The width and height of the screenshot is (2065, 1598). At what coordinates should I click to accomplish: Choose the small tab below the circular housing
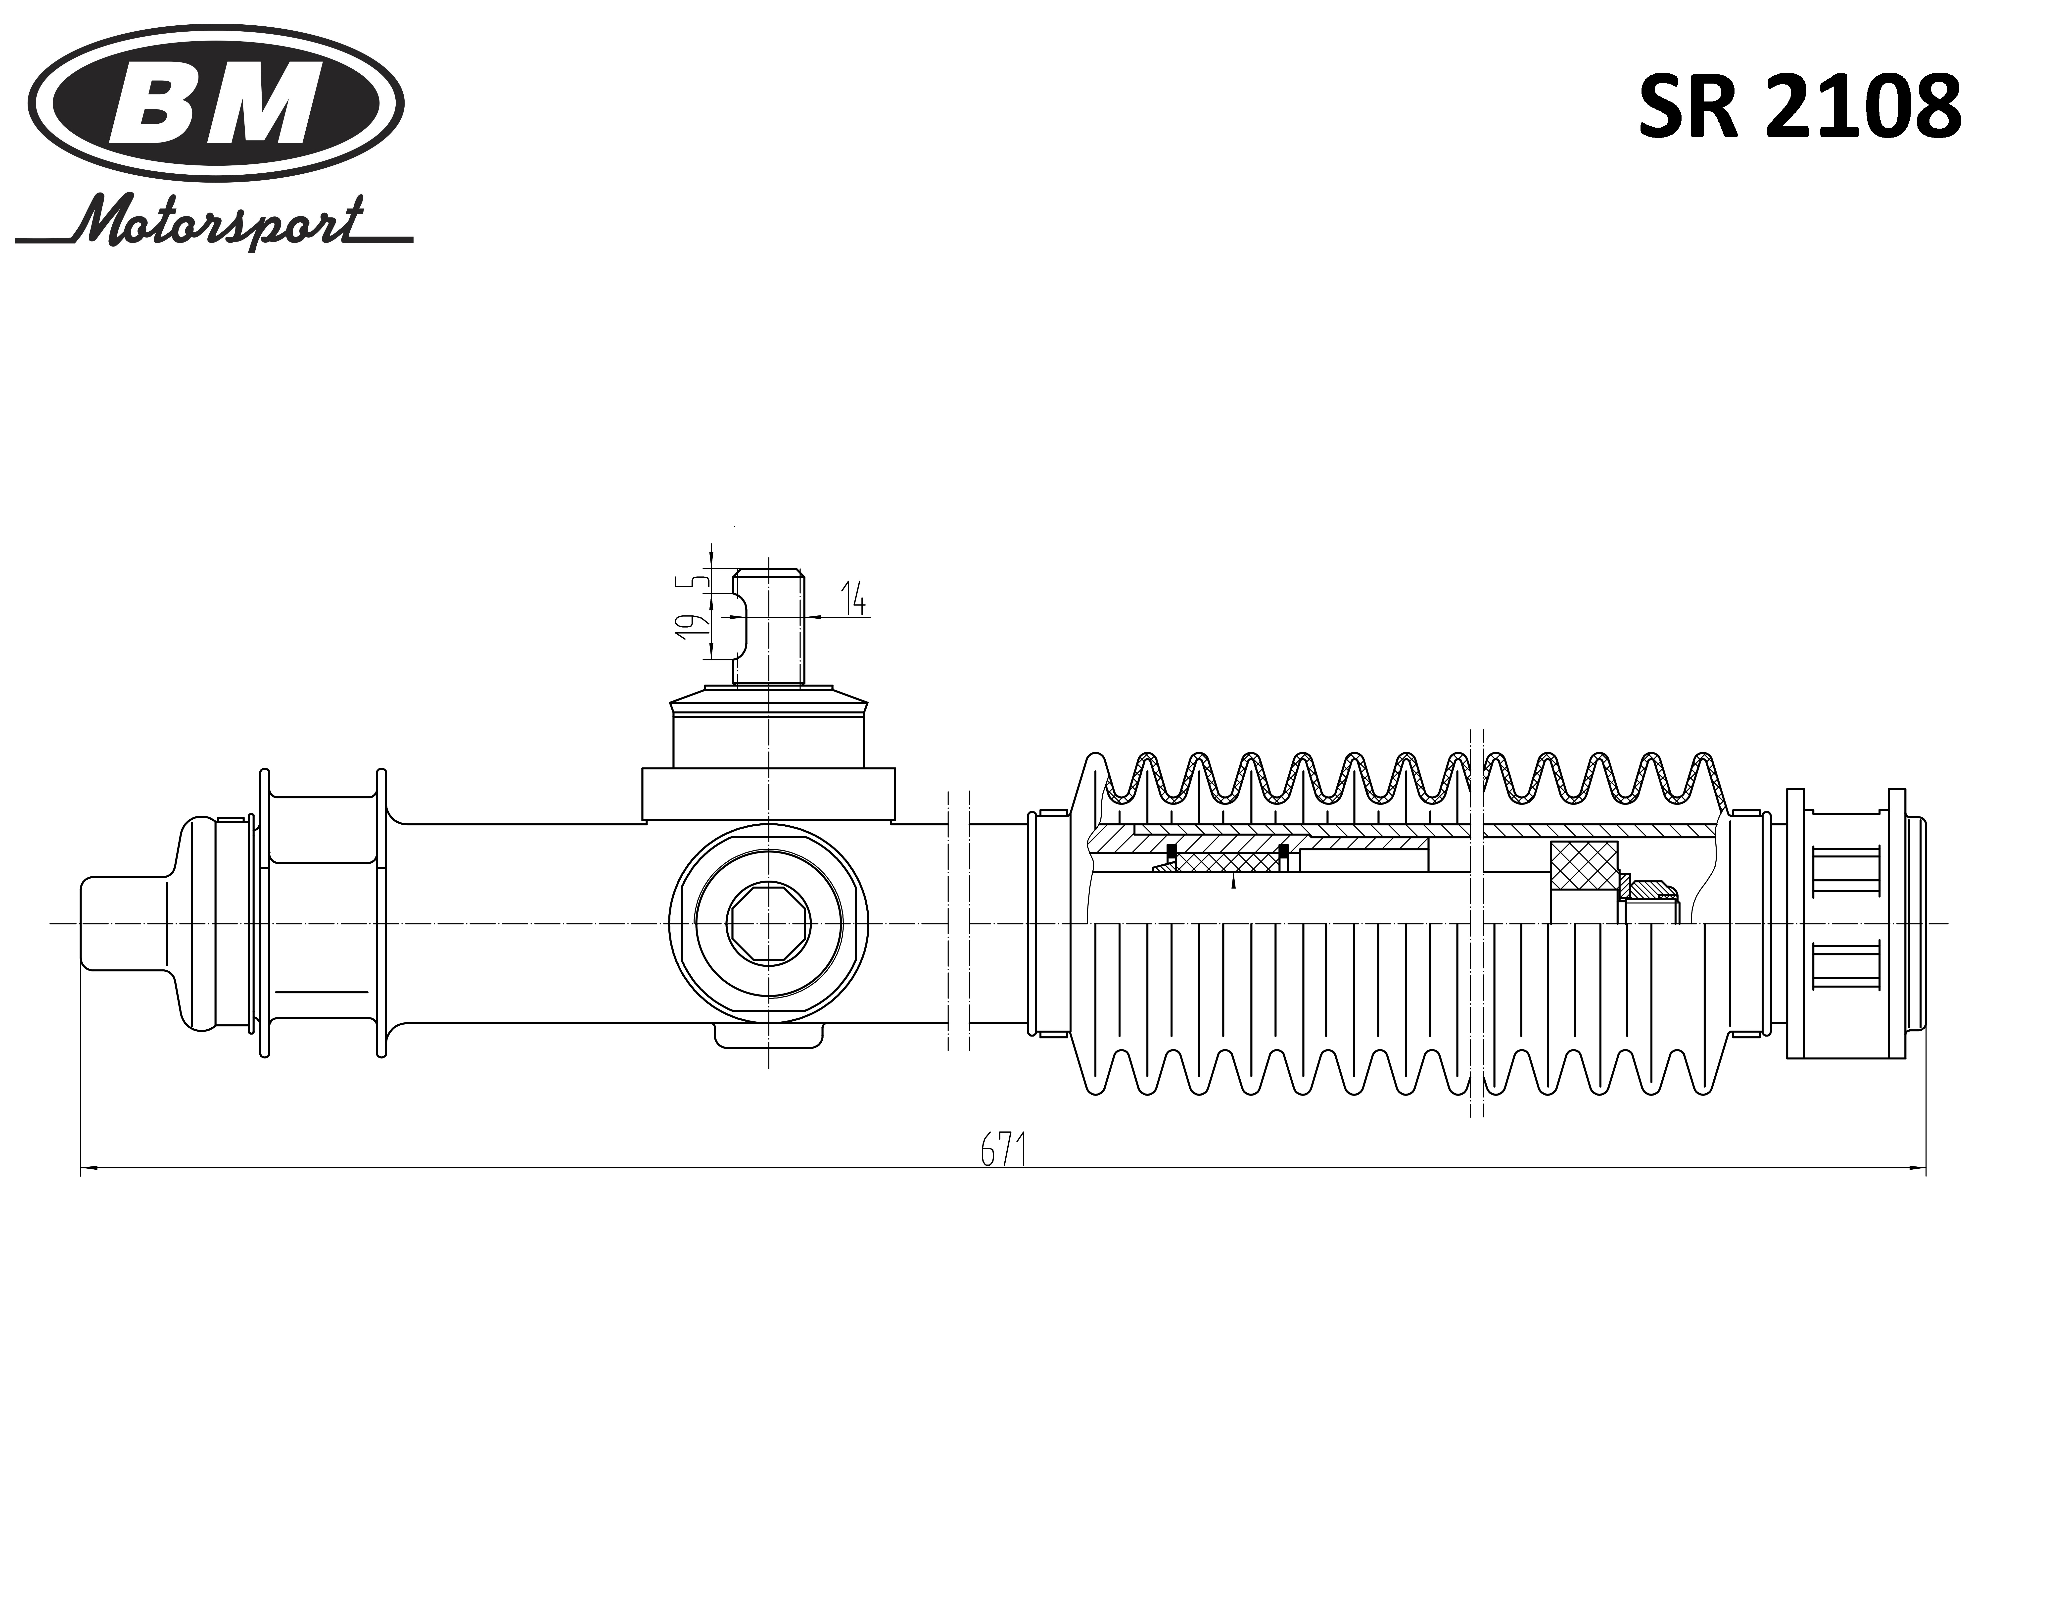(768, 1035)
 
